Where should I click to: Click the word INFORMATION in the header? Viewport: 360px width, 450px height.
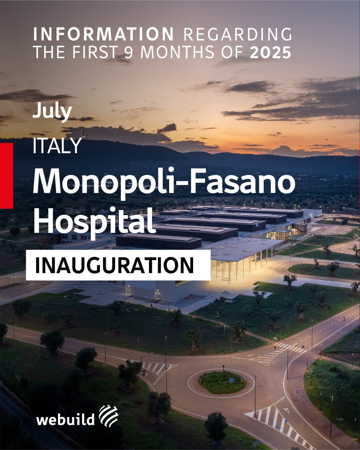103,34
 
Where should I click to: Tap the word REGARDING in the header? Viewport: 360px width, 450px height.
238,34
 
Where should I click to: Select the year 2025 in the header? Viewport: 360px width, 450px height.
270,52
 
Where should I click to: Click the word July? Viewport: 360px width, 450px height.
52,111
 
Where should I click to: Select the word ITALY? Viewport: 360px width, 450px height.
57,146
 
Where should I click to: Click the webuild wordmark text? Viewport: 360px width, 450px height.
65,419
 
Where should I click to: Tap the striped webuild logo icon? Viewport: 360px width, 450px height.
108,415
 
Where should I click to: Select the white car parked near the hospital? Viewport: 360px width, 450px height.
336,262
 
